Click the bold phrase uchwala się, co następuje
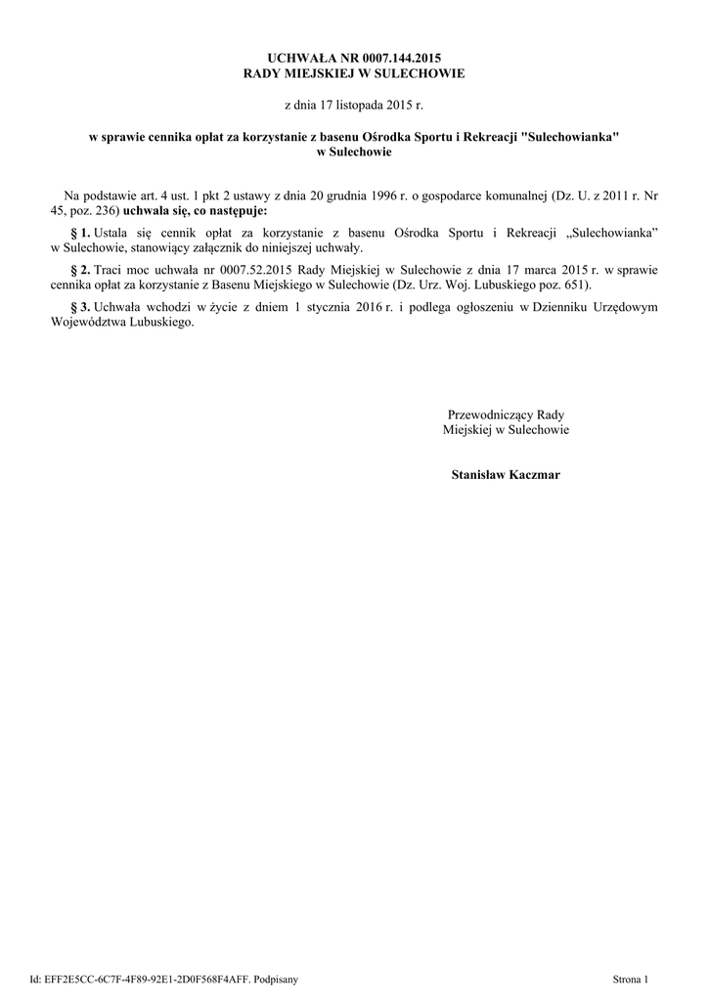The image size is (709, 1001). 194,210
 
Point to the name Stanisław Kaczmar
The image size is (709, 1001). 506,474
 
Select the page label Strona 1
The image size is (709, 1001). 630,978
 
